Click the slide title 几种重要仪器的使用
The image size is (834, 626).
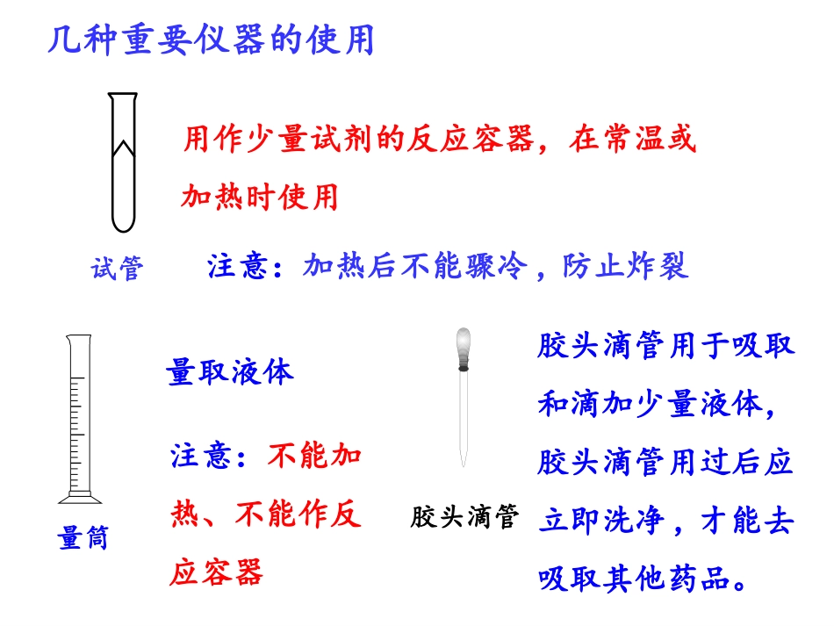point(211,41)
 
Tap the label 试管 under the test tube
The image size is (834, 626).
point(117,268)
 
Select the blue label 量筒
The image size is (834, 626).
point(83,537)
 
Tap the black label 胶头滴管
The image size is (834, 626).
point(465,516)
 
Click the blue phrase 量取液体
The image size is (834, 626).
point(230,372)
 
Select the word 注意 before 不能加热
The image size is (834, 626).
point(201,457)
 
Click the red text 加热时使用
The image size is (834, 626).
point(260,197)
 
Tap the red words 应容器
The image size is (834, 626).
point(217,573)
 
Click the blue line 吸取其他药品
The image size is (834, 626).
point(642,579)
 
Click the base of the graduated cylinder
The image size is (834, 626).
point(76,498)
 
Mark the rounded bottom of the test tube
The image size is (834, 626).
point(123,224)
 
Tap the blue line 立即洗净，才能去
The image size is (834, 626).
point(665,522)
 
